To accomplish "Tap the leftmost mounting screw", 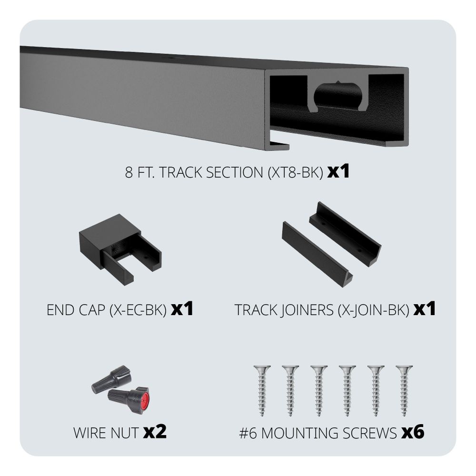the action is tap(262, 390).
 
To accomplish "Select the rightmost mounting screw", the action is tap(404, 390).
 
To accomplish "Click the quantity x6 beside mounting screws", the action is tap(413, 432).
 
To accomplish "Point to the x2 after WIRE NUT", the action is tap(155, 432).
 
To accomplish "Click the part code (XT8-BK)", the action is tap(296, 172).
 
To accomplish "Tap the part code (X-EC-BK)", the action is tap(138, 310).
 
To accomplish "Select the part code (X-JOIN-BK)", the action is tap(373, 310).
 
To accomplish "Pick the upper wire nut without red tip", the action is tap(112, 379).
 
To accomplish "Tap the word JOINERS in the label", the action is tap(306, 310).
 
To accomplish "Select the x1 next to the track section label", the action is tap(338, 172).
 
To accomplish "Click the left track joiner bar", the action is tap(317, 254).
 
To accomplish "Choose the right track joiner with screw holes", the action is tap(345, 234).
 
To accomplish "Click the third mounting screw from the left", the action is tap(319, 390).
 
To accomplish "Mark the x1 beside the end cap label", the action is tap(182, 309).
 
